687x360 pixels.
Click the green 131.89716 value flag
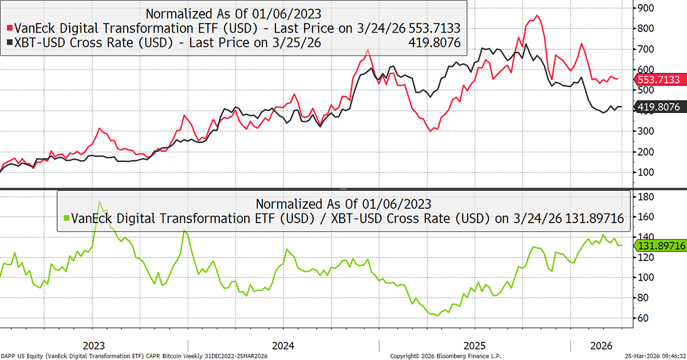pos(660,245)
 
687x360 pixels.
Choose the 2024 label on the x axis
pos(283,346)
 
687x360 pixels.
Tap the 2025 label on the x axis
pos(475,346)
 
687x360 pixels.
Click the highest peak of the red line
pos(536,15)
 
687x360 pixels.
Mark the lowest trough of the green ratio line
pos(437,315)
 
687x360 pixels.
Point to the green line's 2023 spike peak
pos(100,201)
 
